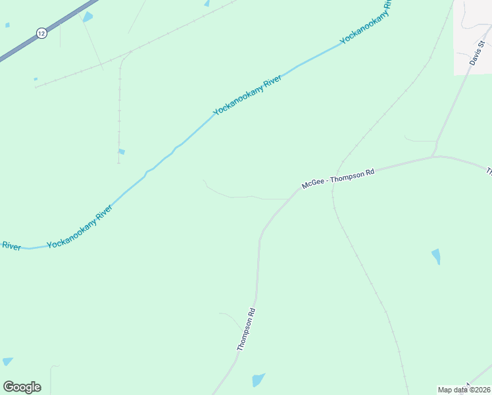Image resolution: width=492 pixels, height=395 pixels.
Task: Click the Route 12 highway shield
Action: (x=41, y=33)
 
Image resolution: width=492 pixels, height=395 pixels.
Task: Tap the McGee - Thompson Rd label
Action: (x=337, y=178)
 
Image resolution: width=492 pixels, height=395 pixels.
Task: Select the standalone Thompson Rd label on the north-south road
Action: (x=245, y=329)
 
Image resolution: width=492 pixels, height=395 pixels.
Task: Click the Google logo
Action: (x=22, y=387)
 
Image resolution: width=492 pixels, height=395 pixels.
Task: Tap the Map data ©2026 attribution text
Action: (x=464, y=390)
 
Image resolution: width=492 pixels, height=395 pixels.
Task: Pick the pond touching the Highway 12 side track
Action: (x=87, y=16)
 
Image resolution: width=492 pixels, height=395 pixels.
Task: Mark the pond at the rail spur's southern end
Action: (x=121, y=152)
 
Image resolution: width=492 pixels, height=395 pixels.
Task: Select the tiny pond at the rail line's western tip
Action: (x=36, y=79)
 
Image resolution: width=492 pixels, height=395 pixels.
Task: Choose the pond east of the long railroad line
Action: (x=435, y=256)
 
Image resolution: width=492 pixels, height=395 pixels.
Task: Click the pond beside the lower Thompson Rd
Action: (x=258, y=380)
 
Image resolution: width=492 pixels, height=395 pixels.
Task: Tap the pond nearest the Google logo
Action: (x=7, y=361)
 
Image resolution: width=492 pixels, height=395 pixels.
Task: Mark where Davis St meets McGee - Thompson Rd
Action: (x=433, y=156)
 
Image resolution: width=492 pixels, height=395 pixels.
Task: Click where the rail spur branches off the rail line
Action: (x=131, y=52)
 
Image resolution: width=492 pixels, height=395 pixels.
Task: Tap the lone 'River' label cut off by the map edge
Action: (x=11, y=246)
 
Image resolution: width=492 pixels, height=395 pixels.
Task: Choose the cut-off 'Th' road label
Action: (x=489, y=172)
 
